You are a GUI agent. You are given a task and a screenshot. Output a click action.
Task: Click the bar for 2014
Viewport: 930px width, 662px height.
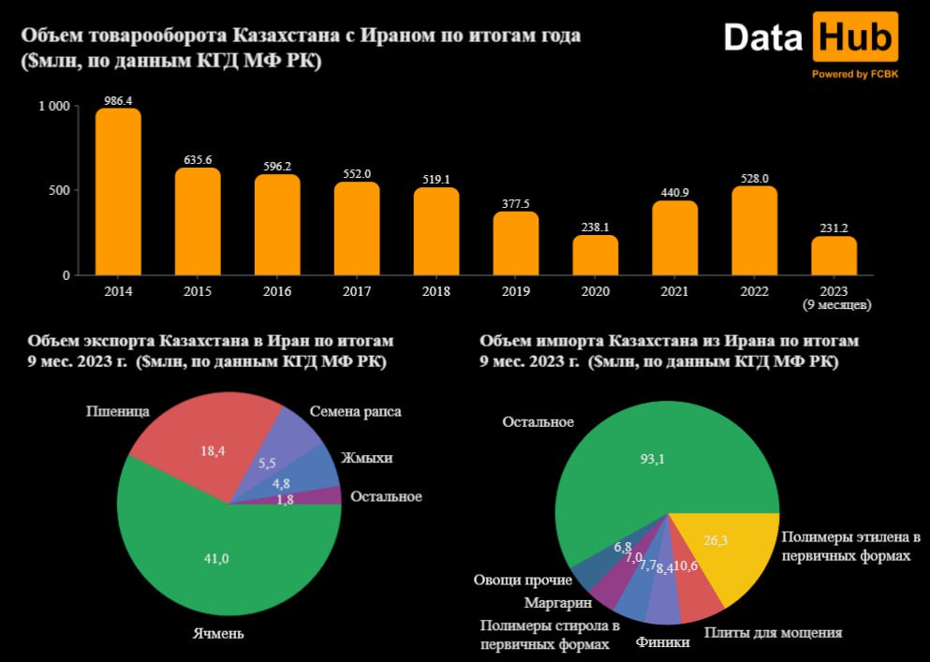click(118, 192)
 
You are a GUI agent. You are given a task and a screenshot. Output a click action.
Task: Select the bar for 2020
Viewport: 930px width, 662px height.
click(596, 255)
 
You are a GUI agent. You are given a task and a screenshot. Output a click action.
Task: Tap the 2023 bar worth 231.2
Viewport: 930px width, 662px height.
click(834, 256)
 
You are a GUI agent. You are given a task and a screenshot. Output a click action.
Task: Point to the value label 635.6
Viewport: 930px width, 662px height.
click(198, 160)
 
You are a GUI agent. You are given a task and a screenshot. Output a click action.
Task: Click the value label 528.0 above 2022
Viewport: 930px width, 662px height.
click(754, 178)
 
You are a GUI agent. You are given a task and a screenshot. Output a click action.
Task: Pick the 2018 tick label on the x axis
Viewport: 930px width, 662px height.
click(436, 291)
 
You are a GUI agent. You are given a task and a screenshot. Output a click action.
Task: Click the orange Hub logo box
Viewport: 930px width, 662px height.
click(855, 38)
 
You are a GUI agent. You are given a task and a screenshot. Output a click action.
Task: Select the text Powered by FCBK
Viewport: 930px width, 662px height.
click(855, 75)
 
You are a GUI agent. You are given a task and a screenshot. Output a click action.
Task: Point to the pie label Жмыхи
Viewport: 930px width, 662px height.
click(366, 458)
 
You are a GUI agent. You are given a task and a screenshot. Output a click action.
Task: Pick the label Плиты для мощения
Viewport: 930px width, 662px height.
click(773, 633)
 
